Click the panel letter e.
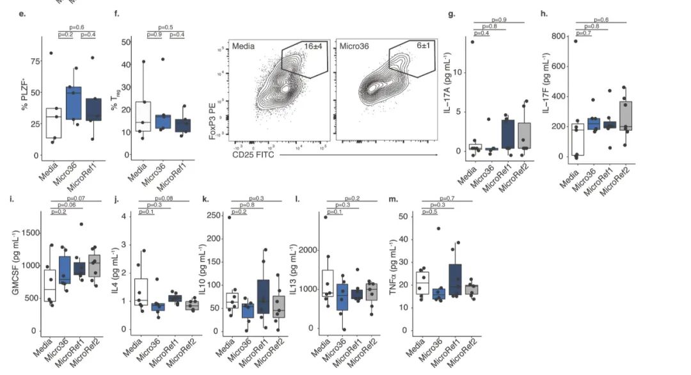coord(22,13)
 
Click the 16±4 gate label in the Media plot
coord(312,47)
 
